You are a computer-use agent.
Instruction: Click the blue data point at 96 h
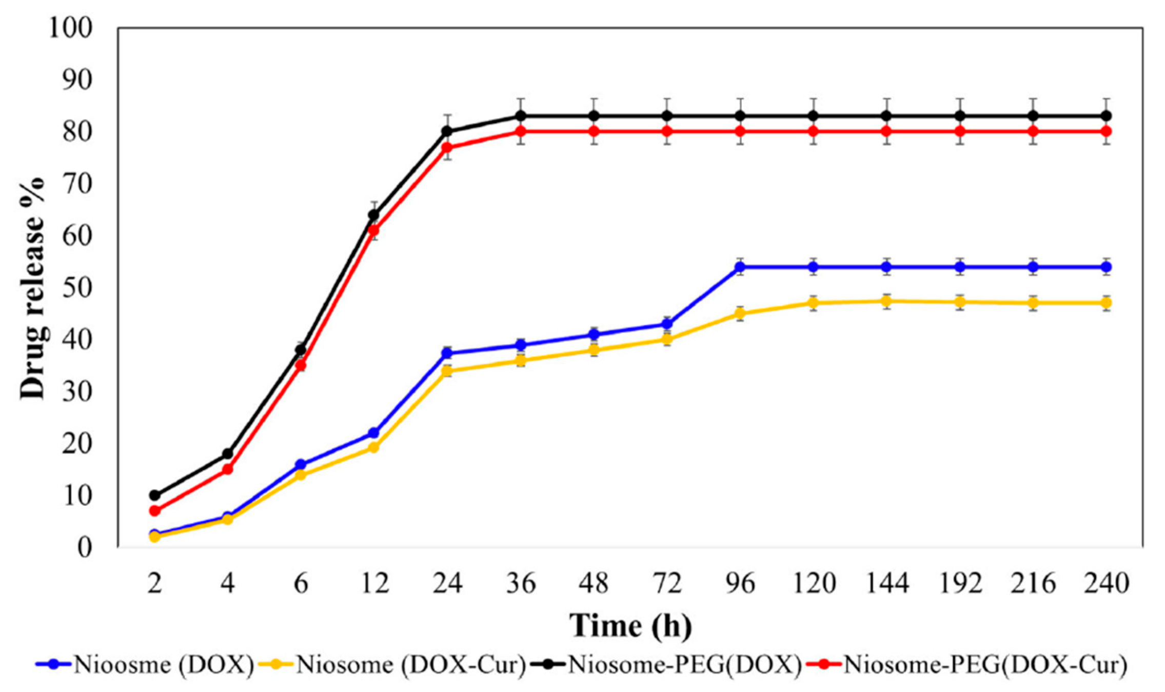click(x=740, y=267)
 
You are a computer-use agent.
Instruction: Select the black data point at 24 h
click(x=447, y=131)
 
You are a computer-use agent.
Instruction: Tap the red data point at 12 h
click(x=373, y=230)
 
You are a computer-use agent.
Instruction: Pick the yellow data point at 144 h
click(x=886, y=301)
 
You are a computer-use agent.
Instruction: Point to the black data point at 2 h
click(x=154, y=495)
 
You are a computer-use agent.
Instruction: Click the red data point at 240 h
click(x=1106, y=131)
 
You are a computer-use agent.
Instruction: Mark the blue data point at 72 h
click(x=667, y=324)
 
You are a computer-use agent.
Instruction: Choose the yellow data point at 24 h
click(x=447, y=371)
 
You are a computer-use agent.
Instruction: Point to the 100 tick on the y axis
click(x=71, y=27)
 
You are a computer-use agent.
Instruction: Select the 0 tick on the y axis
click(x=85, y=547)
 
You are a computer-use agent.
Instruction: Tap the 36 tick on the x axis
click(x=521, y=583)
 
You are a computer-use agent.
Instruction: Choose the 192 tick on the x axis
click(x=960, y=583)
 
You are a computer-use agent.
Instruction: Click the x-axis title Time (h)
click(x=630, y=625)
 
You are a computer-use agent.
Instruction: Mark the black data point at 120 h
click(x=813, y=116)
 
